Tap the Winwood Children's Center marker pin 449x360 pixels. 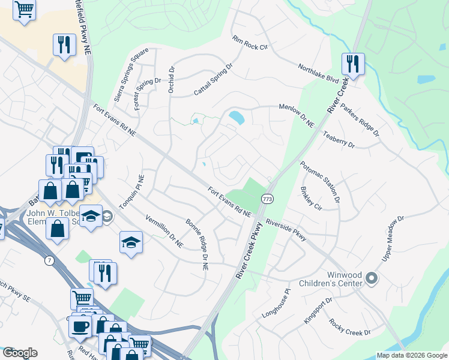tap(371, 278)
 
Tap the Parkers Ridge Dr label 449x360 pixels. tap(360, 118)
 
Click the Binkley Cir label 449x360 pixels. tap(311, 198)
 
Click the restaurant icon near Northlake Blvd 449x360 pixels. tap(353, 64)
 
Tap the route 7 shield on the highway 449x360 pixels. tap(47, 260)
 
